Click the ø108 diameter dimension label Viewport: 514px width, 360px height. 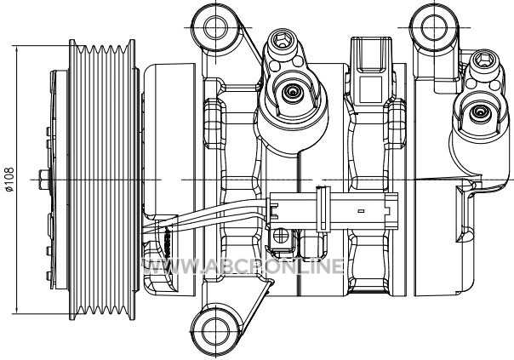10,180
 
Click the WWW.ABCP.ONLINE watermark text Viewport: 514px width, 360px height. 243,266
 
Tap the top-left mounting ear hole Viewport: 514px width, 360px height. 215,27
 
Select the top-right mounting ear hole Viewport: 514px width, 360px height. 434,27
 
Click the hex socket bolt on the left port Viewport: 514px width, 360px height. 282,41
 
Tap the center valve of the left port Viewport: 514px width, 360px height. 291,92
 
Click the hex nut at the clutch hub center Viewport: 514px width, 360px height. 44,180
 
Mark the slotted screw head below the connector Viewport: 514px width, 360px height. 280,236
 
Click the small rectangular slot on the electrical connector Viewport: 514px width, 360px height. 361,211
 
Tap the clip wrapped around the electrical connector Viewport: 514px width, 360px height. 323,209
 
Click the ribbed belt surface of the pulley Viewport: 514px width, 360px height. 102,180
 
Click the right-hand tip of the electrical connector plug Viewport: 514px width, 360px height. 397,211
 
